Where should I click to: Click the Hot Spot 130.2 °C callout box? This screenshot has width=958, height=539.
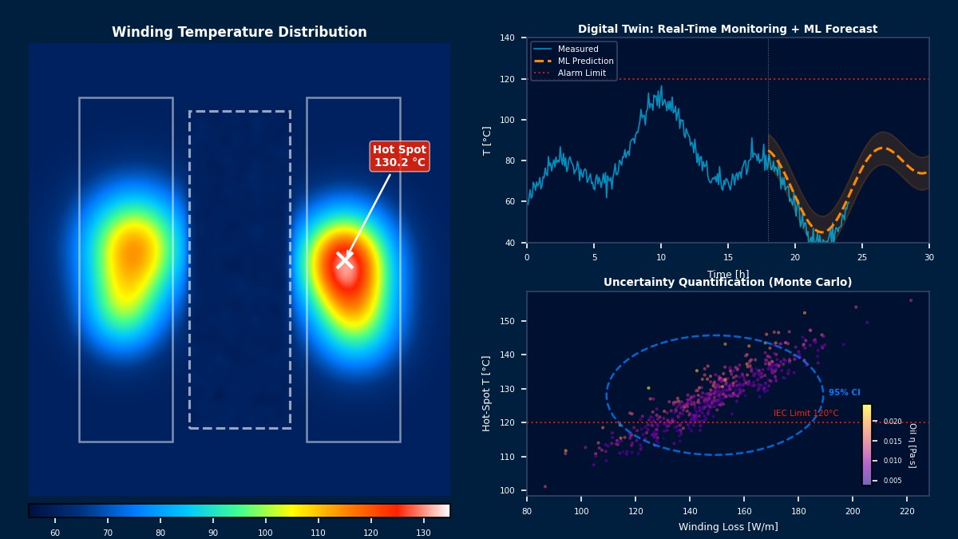[400, 156]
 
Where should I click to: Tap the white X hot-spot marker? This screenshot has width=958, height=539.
[345, 260]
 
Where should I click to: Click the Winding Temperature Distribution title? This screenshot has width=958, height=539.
[239, 33]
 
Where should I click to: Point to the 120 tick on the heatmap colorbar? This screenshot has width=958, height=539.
[370, 532]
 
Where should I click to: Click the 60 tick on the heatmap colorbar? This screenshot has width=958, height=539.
[55, 532]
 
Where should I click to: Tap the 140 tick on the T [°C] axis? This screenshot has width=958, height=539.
[508, 38]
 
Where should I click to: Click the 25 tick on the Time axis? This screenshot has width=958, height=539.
[862, 257]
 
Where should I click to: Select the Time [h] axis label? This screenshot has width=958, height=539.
[728, 274]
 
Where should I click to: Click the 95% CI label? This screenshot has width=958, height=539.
[844, 393]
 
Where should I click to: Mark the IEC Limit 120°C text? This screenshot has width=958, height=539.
[806, 414]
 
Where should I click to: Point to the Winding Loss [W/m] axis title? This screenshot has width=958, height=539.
[728, 527]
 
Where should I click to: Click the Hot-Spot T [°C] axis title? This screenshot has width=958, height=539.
[486, 394]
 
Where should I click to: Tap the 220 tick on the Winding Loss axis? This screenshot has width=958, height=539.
[907, 510]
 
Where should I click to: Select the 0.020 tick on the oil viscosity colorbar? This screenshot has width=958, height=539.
[892, 422]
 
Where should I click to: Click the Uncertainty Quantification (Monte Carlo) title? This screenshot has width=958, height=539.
[727, 283]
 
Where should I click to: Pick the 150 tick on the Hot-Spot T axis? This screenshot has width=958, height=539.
[508, 321]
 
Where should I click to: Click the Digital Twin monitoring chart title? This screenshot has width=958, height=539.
[727, 30]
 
